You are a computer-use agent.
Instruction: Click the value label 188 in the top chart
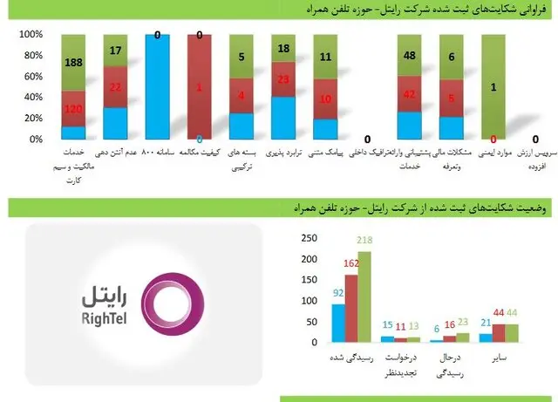tap(74, 62)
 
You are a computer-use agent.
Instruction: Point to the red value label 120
tap(74, 109)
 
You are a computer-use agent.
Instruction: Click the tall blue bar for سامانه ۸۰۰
tap(158, 87)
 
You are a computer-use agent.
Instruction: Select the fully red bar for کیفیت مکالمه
tap(200, 87)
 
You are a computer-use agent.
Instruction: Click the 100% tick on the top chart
tap(31, 35)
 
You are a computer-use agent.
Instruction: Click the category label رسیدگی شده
tap(352, 358)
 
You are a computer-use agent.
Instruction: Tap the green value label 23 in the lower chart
tap(462, 323)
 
